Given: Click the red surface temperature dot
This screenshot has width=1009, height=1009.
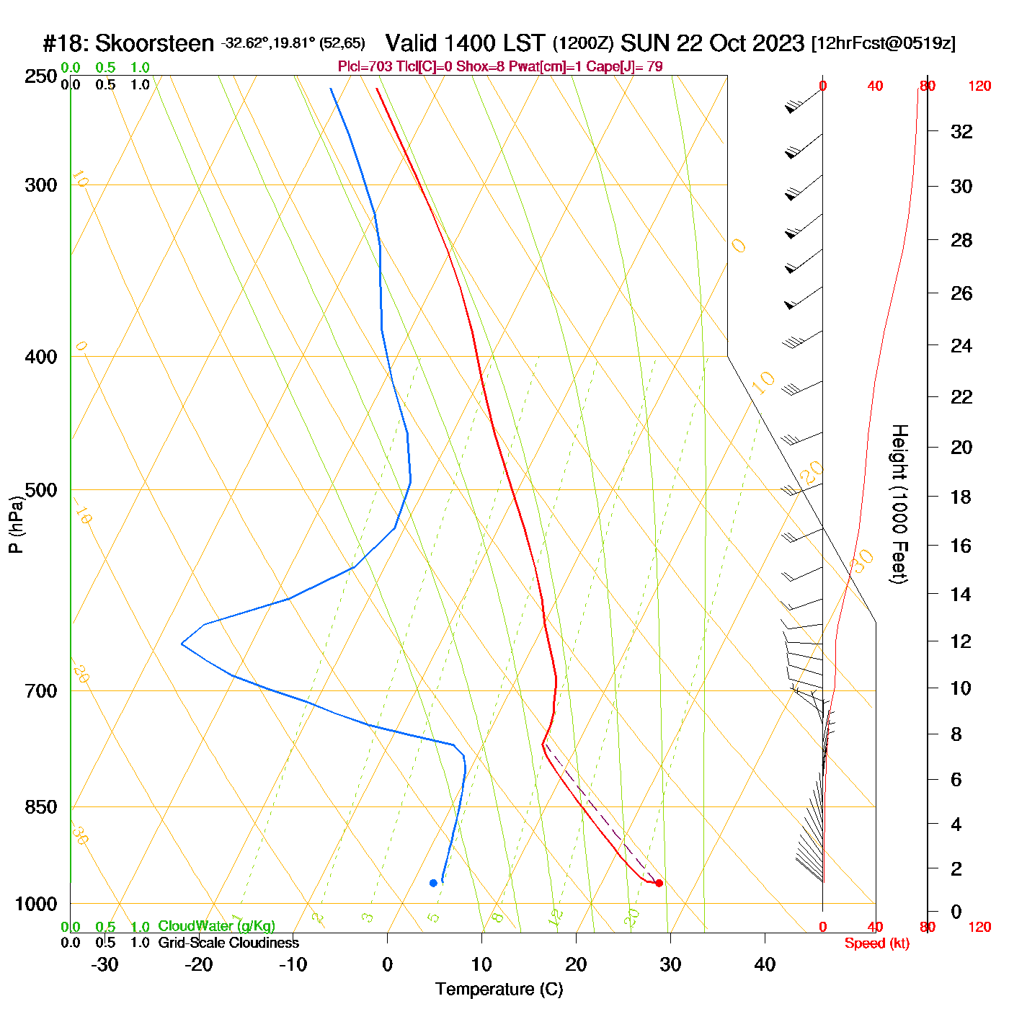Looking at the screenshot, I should (659, 883).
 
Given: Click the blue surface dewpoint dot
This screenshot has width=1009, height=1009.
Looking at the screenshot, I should (433, 883).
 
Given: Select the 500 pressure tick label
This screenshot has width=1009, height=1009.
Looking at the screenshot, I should (41, 490).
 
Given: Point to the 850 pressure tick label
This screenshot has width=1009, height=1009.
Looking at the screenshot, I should (41, 807).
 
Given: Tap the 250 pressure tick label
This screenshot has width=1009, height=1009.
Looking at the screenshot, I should (41, 76).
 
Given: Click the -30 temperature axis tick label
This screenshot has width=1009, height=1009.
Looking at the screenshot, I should (105, 964).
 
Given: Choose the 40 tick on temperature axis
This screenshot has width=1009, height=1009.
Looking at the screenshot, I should (765, 964).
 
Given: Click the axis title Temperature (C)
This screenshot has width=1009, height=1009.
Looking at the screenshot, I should (499, 990).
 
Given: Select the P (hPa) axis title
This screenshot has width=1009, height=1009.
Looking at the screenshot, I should (16, 525).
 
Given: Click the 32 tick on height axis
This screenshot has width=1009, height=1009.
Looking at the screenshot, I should (961, 132).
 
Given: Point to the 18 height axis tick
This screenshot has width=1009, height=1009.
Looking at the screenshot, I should (961, 497).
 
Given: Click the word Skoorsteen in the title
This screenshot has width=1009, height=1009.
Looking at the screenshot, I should (154, 43).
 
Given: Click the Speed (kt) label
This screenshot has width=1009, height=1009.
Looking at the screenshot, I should (877, 943).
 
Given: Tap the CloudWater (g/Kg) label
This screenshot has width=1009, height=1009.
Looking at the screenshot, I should (216, 926).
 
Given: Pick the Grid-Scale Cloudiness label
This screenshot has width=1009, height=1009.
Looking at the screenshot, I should (228, 943).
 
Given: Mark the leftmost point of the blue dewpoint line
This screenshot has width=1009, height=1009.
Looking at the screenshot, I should (182, 644).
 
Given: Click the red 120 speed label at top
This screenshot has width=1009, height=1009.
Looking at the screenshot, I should (979, 86).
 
